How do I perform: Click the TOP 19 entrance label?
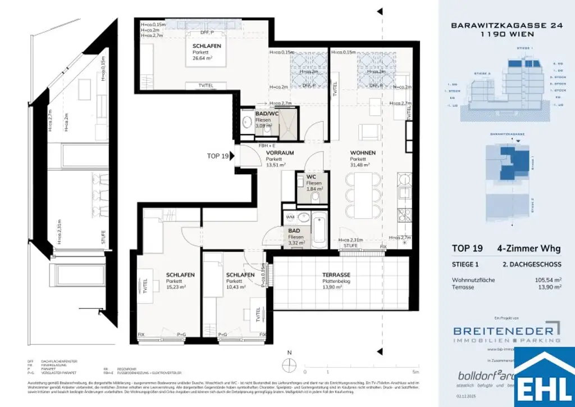tap(218, 156)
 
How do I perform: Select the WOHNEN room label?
tap(363, 153)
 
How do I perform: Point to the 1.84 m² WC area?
tap(314, 190)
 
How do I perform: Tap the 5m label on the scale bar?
tap(415, 372)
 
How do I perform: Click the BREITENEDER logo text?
tap(499, 330)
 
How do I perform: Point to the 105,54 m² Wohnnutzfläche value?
tap(547, 279)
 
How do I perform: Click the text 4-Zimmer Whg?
tap(528, 248)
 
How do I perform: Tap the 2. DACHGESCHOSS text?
tap(532, 263)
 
